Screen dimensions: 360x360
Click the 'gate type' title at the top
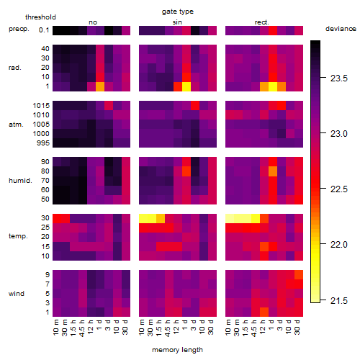coord(178,12)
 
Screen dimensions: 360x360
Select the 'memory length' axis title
coord(177,350)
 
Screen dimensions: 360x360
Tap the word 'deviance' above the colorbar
coord(341,29)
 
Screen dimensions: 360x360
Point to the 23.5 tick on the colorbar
coord(323,78)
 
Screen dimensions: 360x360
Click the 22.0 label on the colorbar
coord(339,245)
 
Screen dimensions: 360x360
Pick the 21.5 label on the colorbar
coord(339,300)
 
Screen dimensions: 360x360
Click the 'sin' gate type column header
coord(177,22)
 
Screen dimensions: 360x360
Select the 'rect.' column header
coord(262,22)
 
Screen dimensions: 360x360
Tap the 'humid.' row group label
coord(20,181)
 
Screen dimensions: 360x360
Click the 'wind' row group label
coord(17,294)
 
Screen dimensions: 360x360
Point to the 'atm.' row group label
coord(16,125)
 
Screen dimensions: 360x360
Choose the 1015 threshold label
coord(41,106)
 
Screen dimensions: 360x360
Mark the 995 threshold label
coord(43,143)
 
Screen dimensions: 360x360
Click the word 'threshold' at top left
coord(40,17)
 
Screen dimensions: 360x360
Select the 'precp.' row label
coord(19,30)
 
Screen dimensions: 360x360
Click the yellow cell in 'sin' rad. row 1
coord(186,86)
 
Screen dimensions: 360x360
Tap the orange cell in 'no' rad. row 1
coord(100,86)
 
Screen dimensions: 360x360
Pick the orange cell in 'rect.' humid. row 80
coord(273,171)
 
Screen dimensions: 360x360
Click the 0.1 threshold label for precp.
coord(44,30)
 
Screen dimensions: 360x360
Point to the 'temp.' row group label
coord(18,236)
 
